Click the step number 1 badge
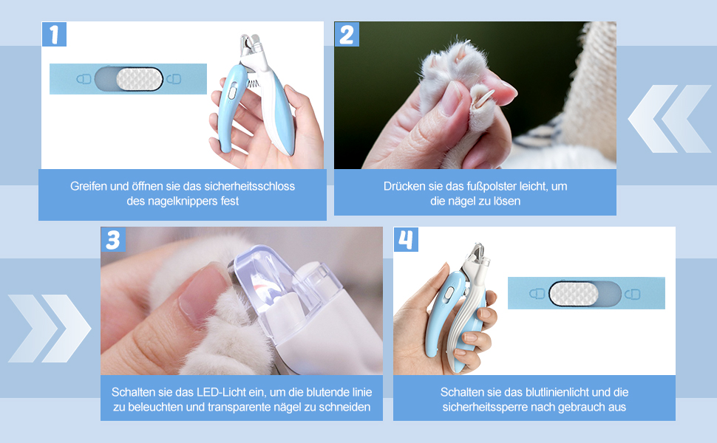[x=54, y=34]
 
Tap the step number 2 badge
[x=347, y=34]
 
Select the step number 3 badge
[x=113, y=239]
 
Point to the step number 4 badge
[x=406, y=239]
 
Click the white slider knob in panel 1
[x=140, y=79]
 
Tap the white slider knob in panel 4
[x=574, y=293]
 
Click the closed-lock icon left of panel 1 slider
[x=84, y=79]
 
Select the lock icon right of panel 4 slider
[x=633, y=293]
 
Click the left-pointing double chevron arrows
[x=670, y=119]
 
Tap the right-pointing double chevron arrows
[x=50, y=329]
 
